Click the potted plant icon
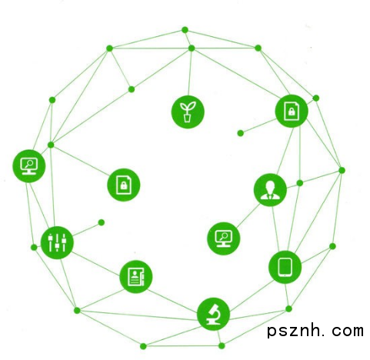pyautogui.click(x=188, y=112)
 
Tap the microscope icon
pyautogui.click(x=213, y=314)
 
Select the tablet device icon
pyautogui.click(x=285, y=267)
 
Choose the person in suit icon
pyautogui.click(x=270, y=190)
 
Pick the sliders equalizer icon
pyautogui.click(x=57, y=242)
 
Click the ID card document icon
pyautogui.click(x=136, y=277)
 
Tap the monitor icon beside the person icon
pyautogui.click(x=224, y=238)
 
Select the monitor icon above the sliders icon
pyautogui.click(x=29, y=166)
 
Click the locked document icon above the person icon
pyautogui.click(x=292, y=111)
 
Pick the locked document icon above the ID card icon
pyautogui.click(x=124, y=185)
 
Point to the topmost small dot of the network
pyautogui.click(x=185, y=30)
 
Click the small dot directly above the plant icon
pyautogui.click(x=192, y=48)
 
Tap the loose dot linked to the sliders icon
pyautogui.click(x=102, y=222)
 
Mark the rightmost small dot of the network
pyautogui.click(x=342, y=170)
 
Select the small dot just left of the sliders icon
pyautogui.click(x=34, y=248)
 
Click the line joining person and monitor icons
pyautogui.click(x=248, y=215)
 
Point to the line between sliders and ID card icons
pyautogui.click(x=95, y=264)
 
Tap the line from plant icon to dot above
pyautogui.click(x=190, y=73)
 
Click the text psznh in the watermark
pyautogui.click(x=294, y=331)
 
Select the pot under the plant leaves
pyautogui.click(x=188, y=118)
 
